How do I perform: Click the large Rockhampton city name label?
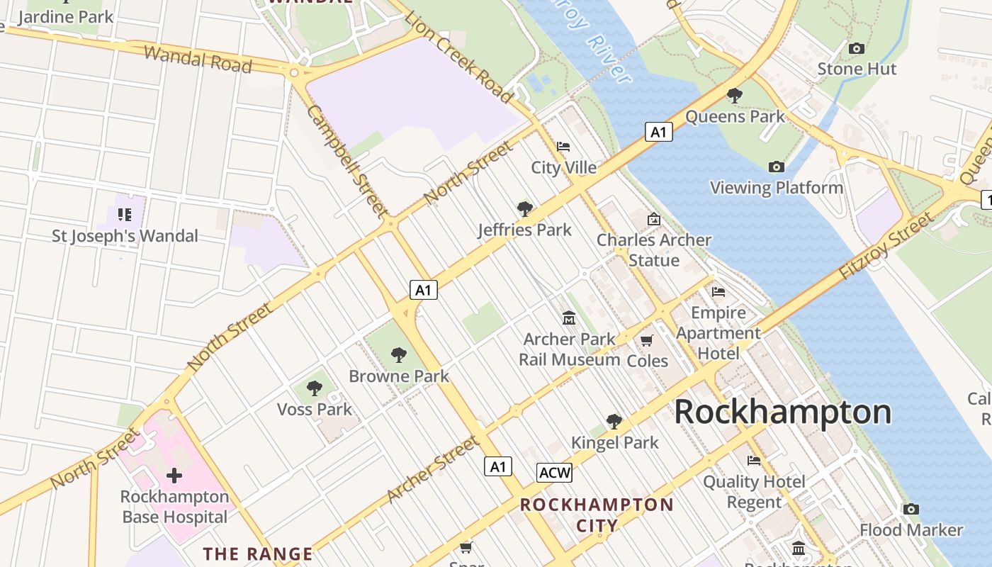point(782,412)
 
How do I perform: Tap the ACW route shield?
point(554,473)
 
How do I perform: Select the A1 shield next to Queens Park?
point(658,132)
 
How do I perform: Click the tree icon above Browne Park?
point(399,354)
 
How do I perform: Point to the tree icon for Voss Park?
point(315,388)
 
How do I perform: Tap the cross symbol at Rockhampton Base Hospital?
point(174,476)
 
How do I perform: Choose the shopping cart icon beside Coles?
point(646,341)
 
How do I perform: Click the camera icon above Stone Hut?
point(857,48)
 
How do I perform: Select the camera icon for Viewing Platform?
point(777,167)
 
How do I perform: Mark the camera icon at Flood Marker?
point(911,509)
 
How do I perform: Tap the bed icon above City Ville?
point(563,147)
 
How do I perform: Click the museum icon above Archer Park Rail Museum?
point(569,318)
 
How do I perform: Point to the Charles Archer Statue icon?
point(653,219)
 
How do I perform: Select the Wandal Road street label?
point(198,59)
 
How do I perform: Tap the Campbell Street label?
point(347,161)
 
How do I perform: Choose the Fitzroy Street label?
point(886,246)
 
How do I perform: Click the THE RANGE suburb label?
point(258,554)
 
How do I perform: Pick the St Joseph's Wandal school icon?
point(125,214)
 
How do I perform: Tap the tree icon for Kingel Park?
point(614,422)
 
